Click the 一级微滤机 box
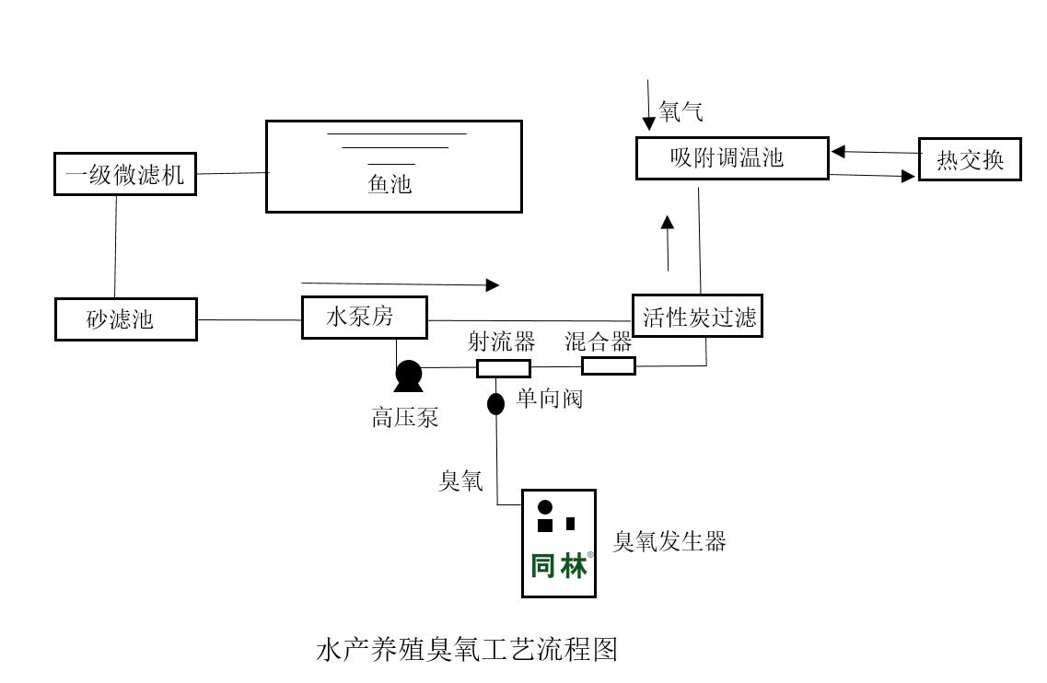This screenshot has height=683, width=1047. (x=124, y=175)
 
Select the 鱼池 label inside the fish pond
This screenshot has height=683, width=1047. (x=390, y=184)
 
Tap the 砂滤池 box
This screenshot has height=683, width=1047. (x=125, y=319)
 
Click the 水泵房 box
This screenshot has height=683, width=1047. (x=365, y=318)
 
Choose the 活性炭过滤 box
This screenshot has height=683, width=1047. (x=698, y=316)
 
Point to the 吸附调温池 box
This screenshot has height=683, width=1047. (x=732, y=157)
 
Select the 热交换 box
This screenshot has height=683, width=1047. (x=970, y=160)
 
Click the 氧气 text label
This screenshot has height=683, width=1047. (x=681, y=113)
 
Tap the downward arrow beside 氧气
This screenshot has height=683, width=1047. (x=650, y=105)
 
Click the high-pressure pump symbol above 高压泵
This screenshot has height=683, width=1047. (x=408, y=375)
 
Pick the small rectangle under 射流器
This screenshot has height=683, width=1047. (x=503, y=369)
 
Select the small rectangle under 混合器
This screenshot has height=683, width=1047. (x=608, y=366)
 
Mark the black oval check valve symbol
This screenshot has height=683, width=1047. (x=495, y=403)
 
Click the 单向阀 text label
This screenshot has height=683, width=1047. (x=549, y=399)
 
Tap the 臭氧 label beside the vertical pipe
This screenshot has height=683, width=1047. (x=460, y=480)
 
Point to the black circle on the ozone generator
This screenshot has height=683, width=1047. (x=545, y=506)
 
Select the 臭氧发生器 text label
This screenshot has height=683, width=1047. (x=669, y=541)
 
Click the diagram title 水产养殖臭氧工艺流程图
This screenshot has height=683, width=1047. (x=466, y=650)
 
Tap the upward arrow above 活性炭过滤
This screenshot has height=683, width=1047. (x=668, y=241)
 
